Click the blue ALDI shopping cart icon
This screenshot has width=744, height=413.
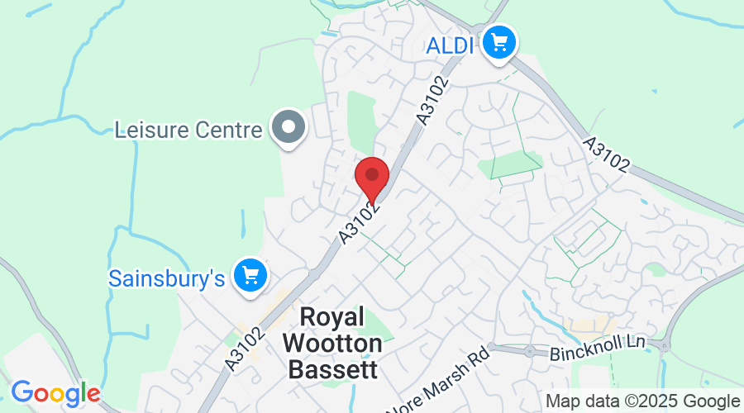point(498,40)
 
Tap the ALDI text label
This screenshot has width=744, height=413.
point(451,45)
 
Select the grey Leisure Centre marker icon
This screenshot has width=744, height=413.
point(289,128)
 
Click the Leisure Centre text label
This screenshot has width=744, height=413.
point(188,130)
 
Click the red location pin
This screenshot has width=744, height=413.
point(372,176)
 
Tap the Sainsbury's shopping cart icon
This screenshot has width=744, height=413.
point(250,274)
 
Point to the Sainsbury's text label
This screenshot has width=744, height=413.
point(167,278)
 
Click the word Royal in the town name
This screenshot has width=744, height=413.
point(331,317)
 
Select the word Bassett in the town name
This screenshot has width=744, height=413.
point(333,368)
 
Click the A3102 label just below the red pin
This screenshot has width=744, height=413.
point(360,221)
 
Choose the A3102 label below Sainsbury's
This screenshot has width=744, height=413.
point(245,347)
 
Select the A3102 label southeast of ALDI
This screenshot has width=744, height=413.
point(606,154)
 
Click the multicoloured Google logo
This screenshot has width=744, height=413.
point(55,393)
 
